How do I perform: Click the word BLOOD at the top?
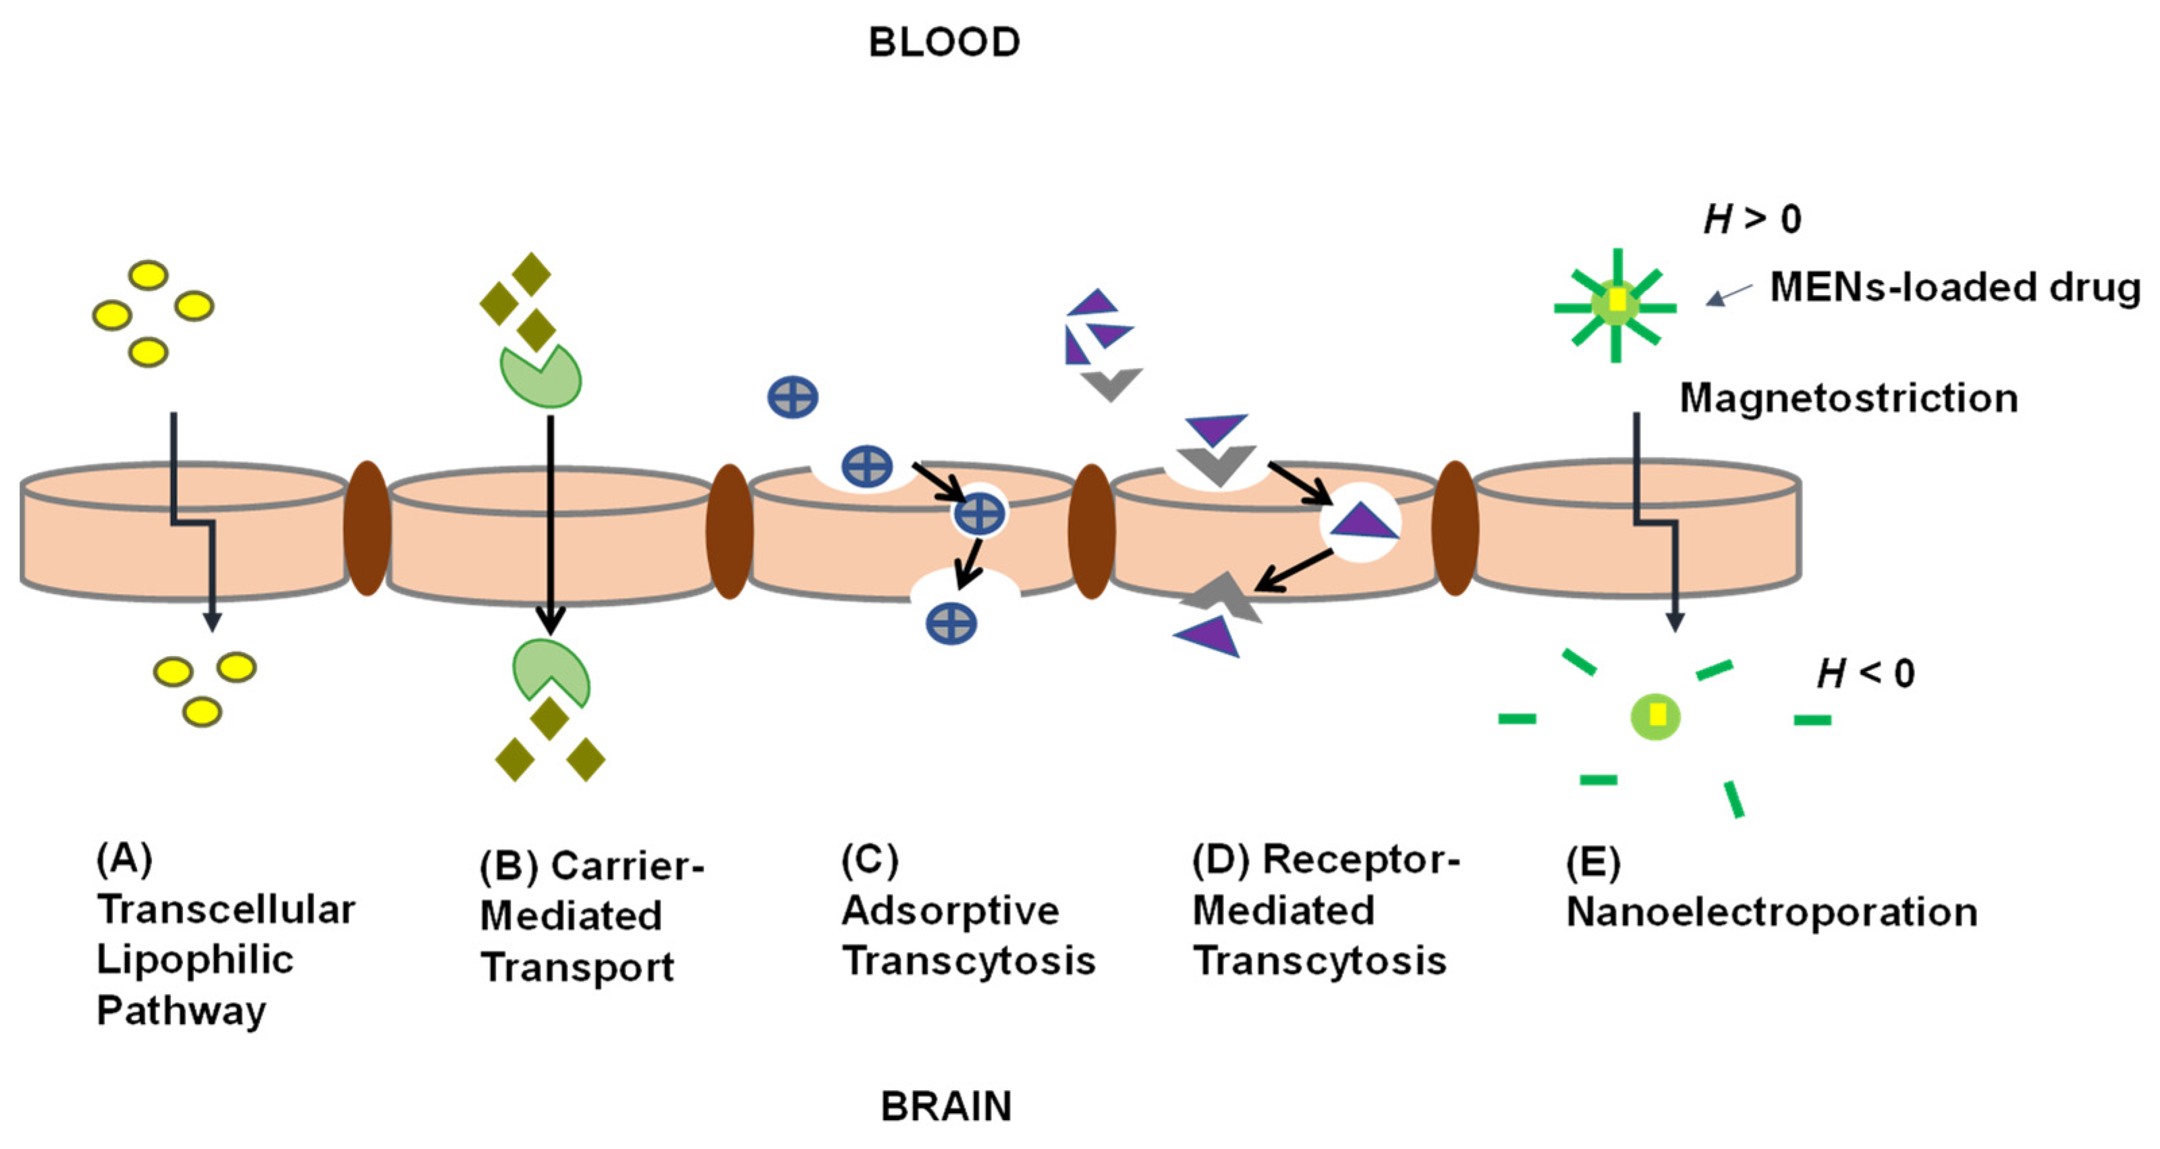click(944, 43)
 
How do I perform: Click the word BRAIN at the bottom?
click(946, 1106)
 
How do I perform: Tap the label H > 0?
click(1752, 219)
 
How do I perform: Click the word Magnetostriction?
click(1848, 398)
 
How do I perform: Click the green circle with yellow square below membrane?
click(1655, 716)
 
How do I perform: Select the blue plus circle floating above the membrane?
click(792, 397)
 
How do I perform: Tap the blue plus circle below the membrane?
click(951, 623)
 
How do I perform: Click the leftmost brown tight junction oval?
click(367, 529)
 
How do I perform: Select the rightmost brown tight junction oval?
click(1455, 529)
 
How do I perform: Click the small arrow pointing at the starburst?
click(1727, 295)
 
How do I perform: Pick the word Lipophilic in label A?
click(194, 959)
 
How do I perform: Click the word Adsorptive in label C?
click(950, 911)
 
